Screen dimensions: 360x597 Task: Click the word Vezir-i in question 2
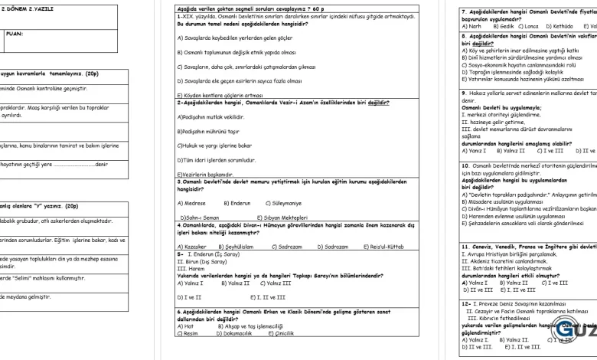(297, 101)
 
